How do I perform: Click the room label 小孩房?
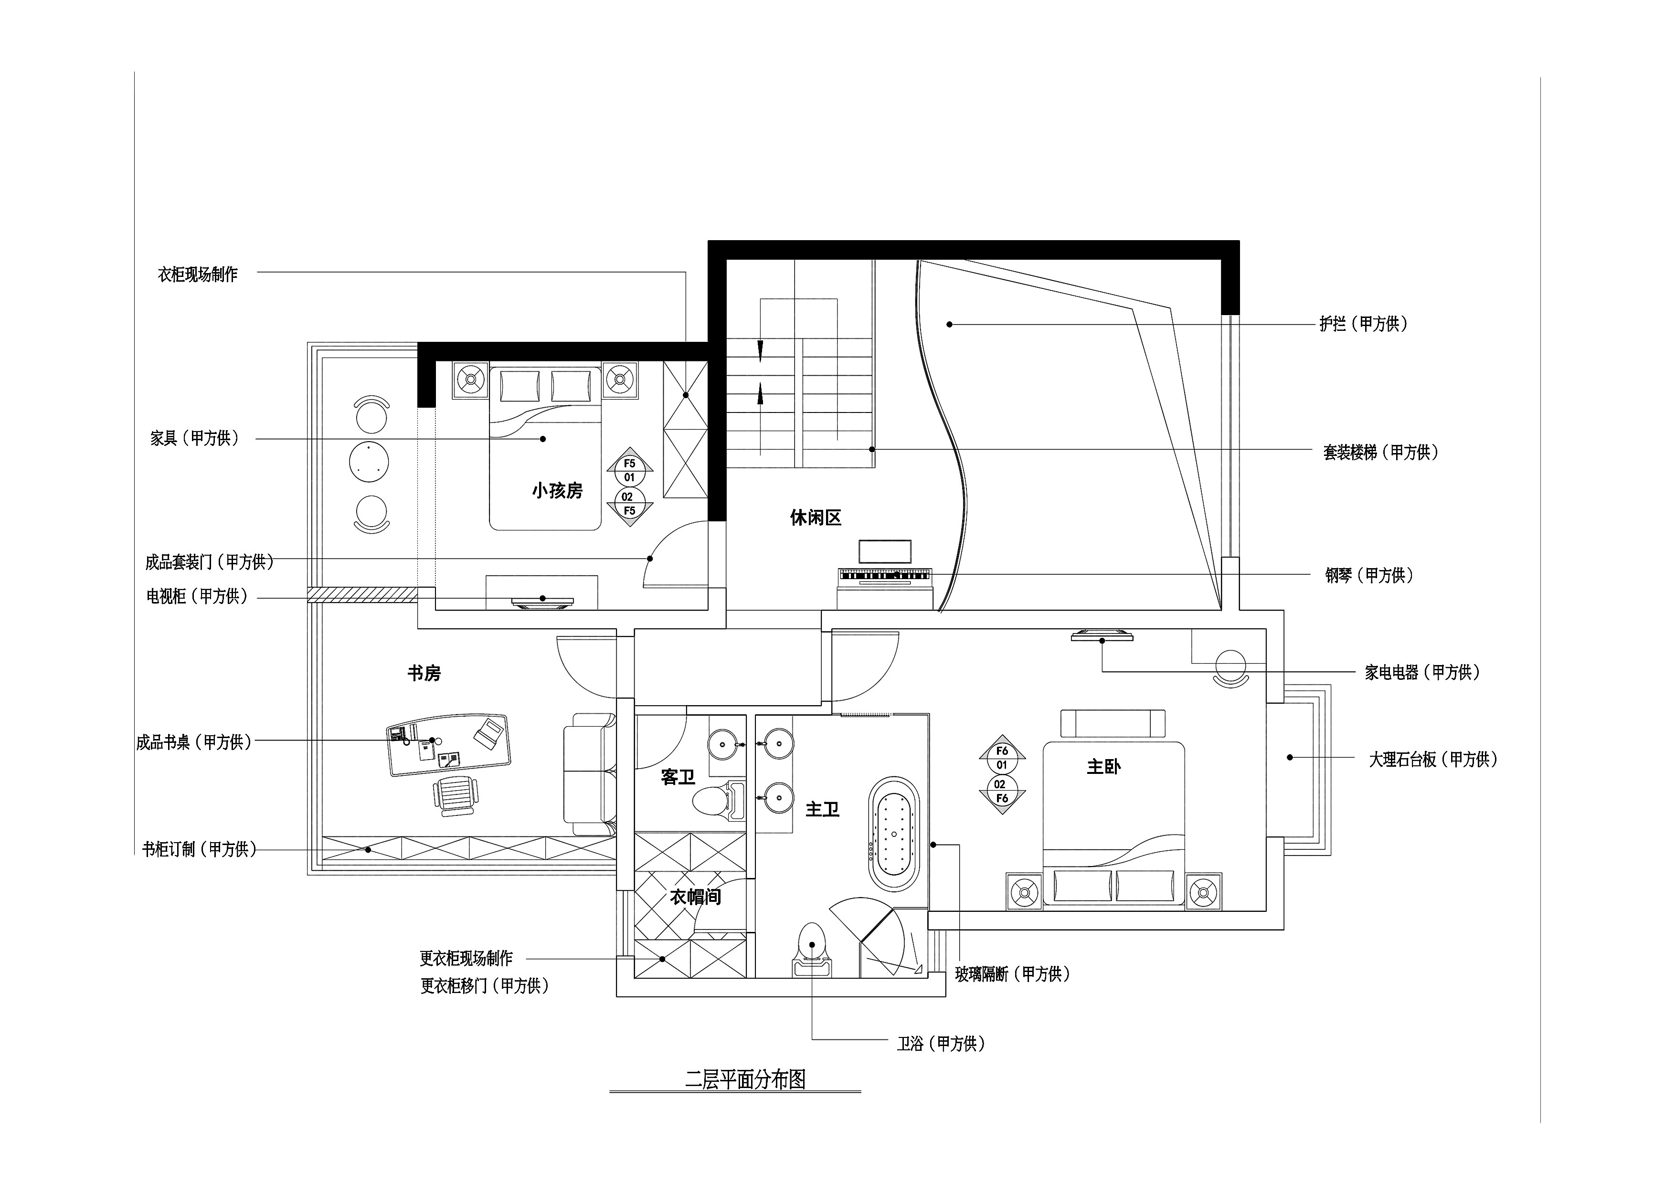557,491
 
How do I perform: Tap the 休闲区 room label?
816,518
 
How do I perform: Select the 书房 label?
424,673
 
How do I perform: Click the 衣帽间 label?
695,897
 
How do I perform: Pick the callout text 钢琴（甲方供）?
1369,576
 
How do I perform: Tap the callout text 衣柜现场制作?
198,275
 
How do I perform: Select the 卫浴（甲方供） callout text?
941,1044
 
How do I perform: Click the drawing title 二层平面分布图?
745,1079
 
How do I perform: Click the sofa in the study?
590,774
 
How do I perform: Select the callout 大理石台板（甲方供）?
1433,760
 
